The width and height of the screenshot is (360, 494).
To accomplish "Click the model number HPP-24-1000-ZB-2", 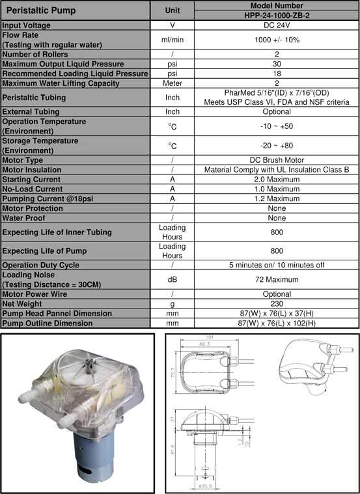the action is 276,16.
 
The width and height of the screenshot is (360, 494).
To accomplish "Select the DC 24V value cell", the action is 276,25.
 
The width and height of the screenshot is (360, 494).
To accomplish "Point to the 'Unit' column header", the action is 173,11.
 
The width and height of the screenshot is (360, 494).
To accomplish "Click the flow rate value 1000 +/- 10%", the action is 276,40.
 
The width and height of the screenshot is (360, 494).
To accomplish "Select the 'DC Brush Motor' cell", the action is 276,159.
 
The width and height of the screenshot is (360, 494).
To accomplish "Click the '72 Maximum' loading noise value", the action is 276,279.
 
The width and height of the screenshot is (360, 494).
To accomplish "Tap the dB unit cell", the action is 173,279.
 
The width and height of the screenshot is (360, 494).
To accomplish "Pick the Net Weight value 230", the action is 276,303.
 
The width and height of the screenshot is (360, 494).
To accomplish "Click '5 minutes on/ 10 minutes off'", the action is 276,265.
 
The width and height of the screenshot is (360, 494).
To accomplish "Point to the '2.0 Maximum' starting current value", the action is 276,179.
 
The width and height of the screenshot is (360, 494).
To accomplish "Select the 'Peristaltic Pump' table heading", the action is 40,11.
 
